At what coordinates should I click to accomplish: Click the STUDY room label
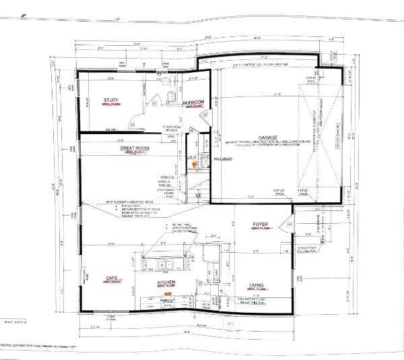pyautogui.click(x=110, y=100)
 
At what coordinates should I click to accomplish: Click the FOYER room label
pyautogui.click(x=261, y=225)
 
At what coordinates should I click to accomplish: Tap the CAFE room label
pyautogui.click(x=112, y=277)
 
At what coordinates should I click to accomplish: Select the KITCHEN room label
pyautogui.click(x=166, y=282)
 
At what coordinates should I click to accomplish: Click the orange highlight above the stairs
pyautogui.click(x=196, y=163)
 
